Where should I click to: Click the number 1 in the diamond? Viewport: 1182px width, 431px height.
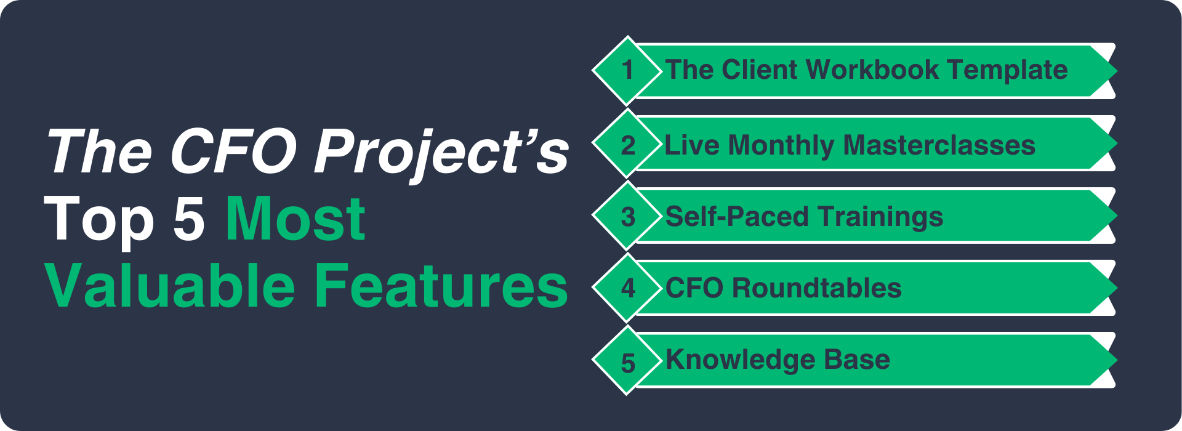tap(627, 70)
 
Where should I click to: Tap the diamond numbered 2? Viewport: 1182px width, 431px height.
tap(627, 143)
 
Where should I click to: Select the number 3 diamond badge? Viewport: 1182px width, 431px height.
tap(627, 216)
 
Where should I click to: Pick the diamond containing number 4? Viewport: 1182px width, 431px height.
tap(627, 288)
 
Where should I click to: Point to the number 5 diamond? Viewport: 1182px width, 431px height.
tap(627, 360)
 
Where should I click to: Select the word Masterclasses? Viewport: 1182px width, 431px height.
tap(939, 145)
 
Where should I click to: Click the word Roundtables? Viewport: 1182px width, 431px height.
tap(816, 288)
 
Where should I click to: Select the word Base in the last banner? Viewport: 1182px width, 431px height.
tap(857, 360)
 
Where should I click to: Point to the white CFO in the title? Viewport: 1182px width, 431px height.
tap(233, 151)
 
